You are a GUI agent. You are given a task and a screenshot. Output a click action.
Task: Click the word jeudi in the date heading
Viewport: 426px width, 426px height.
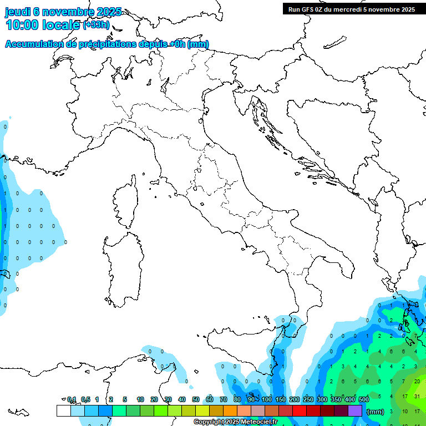pyautogui.click(x=18, y=12)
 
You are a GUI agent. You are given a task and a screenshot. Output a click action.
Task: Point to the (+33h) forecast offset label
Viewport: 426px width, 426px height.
pyautogui.click(x=96, y=25)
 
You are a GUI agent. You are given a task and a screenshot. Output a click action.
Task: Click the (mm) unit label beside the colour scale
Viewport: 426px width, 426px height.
pyautogui.click(x=376, y=412)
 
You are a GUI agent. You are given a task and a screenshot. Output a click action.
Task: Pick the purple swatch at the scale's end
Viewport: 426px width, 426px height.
pyautogui.click(x=355, y=410)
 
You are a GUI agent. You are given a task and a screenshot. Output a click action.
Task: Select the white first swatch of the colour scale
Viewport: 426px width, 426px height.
pyautogui.click(x=63, y=410)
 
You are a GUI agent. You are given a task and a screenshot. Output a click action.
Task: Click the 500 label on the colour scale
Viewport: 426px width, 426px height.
pyautogui.click(x=364, y=400)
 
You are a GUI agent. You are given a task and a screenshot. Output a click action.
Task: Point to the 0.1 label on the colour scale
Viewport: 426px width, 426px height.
pyautogui.click(x=72, y=400)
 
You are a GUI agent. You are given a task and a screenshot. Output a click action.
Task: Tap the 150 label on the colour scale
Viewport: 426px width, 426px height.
pyautogui.click(x=281, y=400)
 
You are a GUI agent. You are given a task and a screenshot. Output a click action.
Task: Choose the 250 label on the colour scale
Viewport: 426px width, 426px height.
pyautogui.click(x=308, y=400)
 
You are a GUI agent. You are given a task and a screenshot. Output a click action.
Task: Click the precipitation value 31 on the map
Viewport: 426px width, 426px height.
pyautogui.click(x=417, y=397)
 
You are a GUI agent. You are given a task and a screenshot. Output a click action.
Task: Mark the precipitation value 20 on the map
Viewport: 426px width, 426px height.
pyautogui.click(x=417, y=382)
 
